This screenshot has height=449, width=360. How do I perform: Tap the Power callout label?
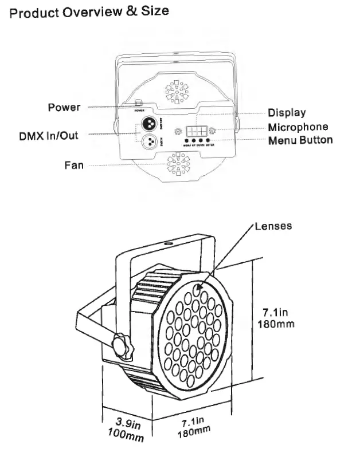click(64, 107)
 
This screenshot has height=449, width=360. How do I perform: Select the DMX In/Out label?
click(49, 136)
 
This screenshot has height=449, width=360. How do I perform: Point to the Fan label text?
click(73, 166)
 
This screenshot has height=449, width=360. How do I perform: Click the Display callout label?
click(287, 113)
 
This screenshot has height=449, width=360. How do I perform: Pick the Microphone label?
click(298, 127)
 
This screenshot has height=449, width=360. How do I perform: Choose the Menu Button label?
click(300, 140)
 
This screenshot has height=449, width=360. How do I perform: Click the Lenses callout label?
click(273, 226)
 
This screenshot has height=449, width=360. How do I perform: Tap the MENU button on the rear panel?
click(187, 140)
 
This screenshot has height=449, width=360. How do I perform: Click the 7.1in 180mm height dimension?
click(278, 318)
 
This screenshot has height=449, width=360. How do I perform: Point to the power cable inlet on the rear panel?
click(138, 104)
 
